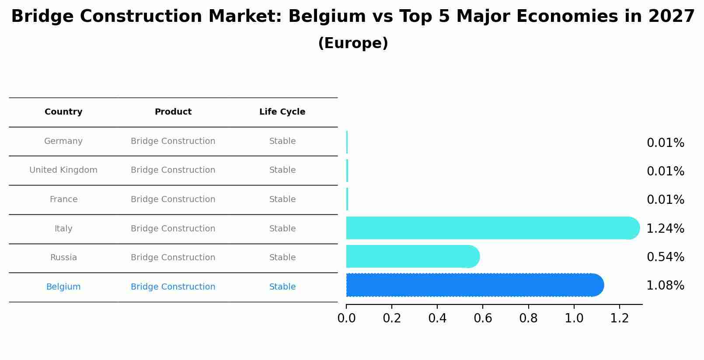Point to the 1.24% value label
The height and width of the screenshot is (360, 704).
[x=665, y=228]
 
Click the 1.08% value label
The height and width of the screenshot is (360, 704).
[x=665, y=286]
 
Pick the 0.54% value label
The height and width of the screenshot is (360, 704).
[x=665, y=257]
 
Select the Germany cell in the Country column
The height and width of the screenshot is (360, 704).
[x=63, y=141]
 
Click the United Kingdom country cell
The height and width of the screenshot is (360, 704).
[x=63, y=170]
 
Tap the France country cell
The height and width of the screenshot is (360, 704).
[x=63, y=199]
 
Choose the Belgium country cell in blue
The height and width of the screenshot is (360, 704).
[x=63, y=287]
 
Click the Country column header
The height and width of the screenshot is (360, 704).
[x=63, y=112]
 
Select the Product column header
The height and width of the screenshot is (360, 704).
[x=173, y=112]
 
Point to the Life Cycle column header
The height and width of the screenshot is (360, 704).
[x=282, y=112]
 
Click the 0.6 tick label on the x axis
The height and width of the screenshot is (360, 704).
[x=483, y=318]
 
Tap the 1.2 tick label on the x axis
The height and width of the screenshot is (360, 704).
[x=620, y=318]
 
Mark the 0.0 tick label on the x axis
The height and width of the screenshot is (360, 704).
[x=346, y=318]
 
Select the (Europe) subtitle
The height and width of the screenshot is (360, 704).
[x=353, y=43]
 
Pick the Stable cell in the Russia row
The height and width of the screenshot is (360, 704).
[x=282, y=258]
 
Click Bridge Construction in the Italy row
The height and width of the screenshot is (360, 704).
[x=173, y=229]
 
